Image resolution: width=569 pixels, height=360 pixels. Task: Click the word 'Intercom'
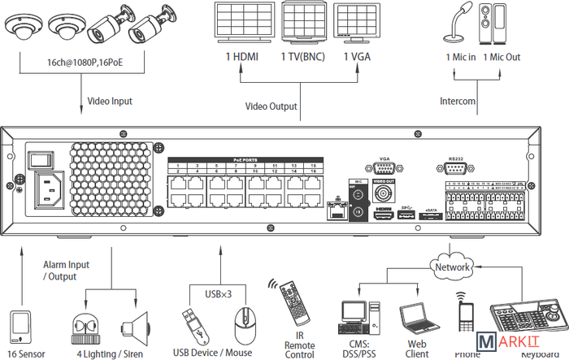[x=458, y=102]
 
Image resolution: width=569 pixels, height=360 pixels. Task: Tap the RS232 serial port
[x=455, y=168]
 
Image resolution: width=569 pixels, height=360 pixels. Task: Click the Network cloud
[x=453, y=267]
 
